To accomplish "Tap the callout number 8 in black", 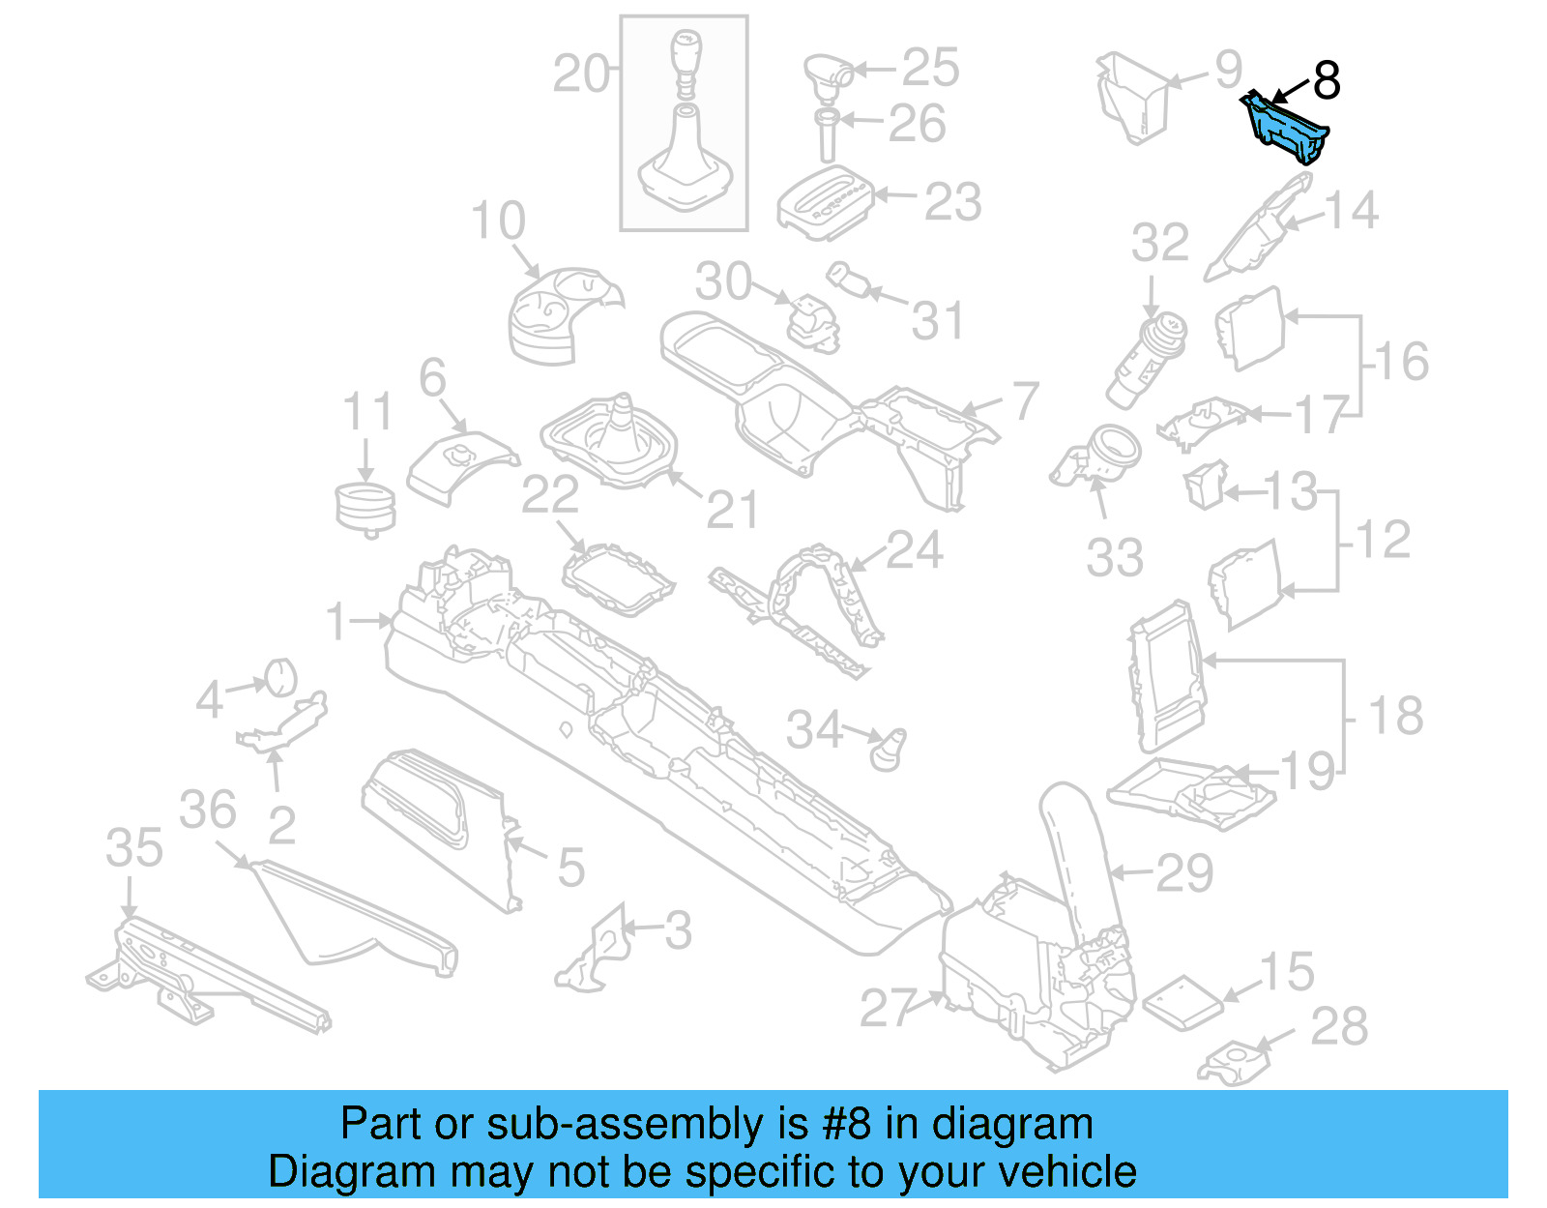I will pos(1327,80).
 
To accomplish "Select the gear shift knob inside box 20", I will pos(684,58).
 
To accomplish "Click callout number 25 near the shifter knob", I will pos(930,68).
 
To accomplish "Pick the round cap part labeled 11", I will pos(365,509).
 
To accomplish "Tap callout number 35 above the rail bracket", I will pos(133,848).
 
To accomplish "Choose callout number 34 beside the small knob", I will pos(814,730).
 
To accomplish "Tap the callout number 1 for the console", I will pos(336,621).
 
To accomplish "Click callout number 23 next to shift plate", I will pos(952,202).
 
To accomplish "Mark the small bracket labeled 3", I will pos(595,953).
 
